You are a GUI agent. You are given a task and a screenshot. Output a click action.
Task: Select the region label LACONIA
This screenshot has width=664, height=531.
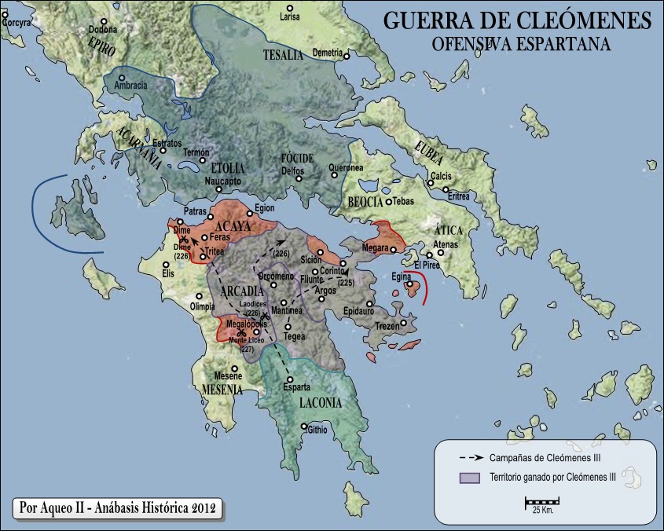point(320,404)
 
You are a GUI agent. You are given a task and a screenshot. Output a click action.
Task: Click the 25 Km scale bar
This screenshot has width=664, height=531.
point(541,500)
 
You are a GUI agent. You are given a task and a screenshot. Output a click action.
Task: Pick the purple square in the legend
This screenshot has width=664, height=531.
point(470,478)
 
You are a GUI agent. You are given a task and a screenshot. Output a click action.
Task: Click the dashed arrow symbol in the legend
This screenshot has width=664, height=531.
point(470,456)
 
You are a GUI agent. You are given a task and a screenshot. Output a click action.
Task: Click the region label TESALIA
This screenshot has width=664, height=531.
point(282,54)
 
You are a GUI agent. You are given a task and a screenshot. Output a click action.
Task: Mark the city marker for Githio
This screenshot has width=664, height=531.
point(304,427)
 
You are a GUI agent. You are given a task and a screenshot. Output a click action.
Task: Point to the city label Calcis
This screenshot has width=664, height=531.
point(440,176)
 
